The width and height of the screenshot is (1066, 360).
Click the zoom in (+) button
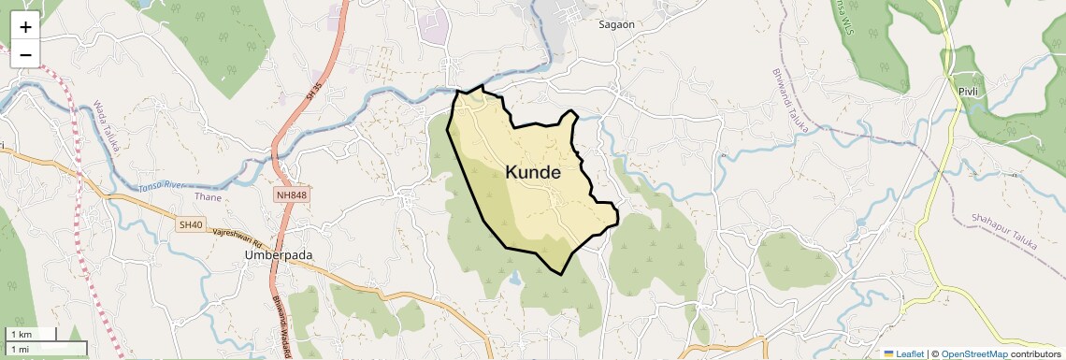click(x=25, y=27)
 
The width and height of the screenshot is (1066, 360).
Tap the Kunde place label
click(x=533, y=173)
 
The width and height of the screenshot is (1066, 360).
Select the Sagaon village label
click(x=617, y=25)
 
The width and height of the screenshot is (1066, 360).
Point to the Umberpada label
click(x=278, y=254)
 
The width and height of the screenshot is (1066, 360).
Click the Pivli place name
click(x=967, y=91)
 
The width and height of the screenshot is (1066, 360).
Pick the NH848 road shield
click(x=292, y=194)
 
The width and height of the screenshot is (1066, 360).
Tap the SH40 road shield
click(x=191, y=224)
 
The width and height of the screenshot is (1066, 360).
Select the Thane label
click(x=209, y=197)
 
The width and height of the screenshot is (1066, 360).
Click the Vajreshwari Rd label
click(x=238, y=238)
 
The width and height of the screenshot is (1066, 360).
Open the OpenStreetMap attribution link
click(x=974, y=353)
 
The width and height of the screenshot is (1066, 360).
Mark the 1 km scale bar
click(x=30, y=334)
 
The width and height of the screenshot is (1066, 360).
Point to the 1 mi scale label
click(x=21, y=349)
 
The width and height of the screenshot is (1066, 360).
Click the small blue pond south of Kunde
click(x=515, y=277)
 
